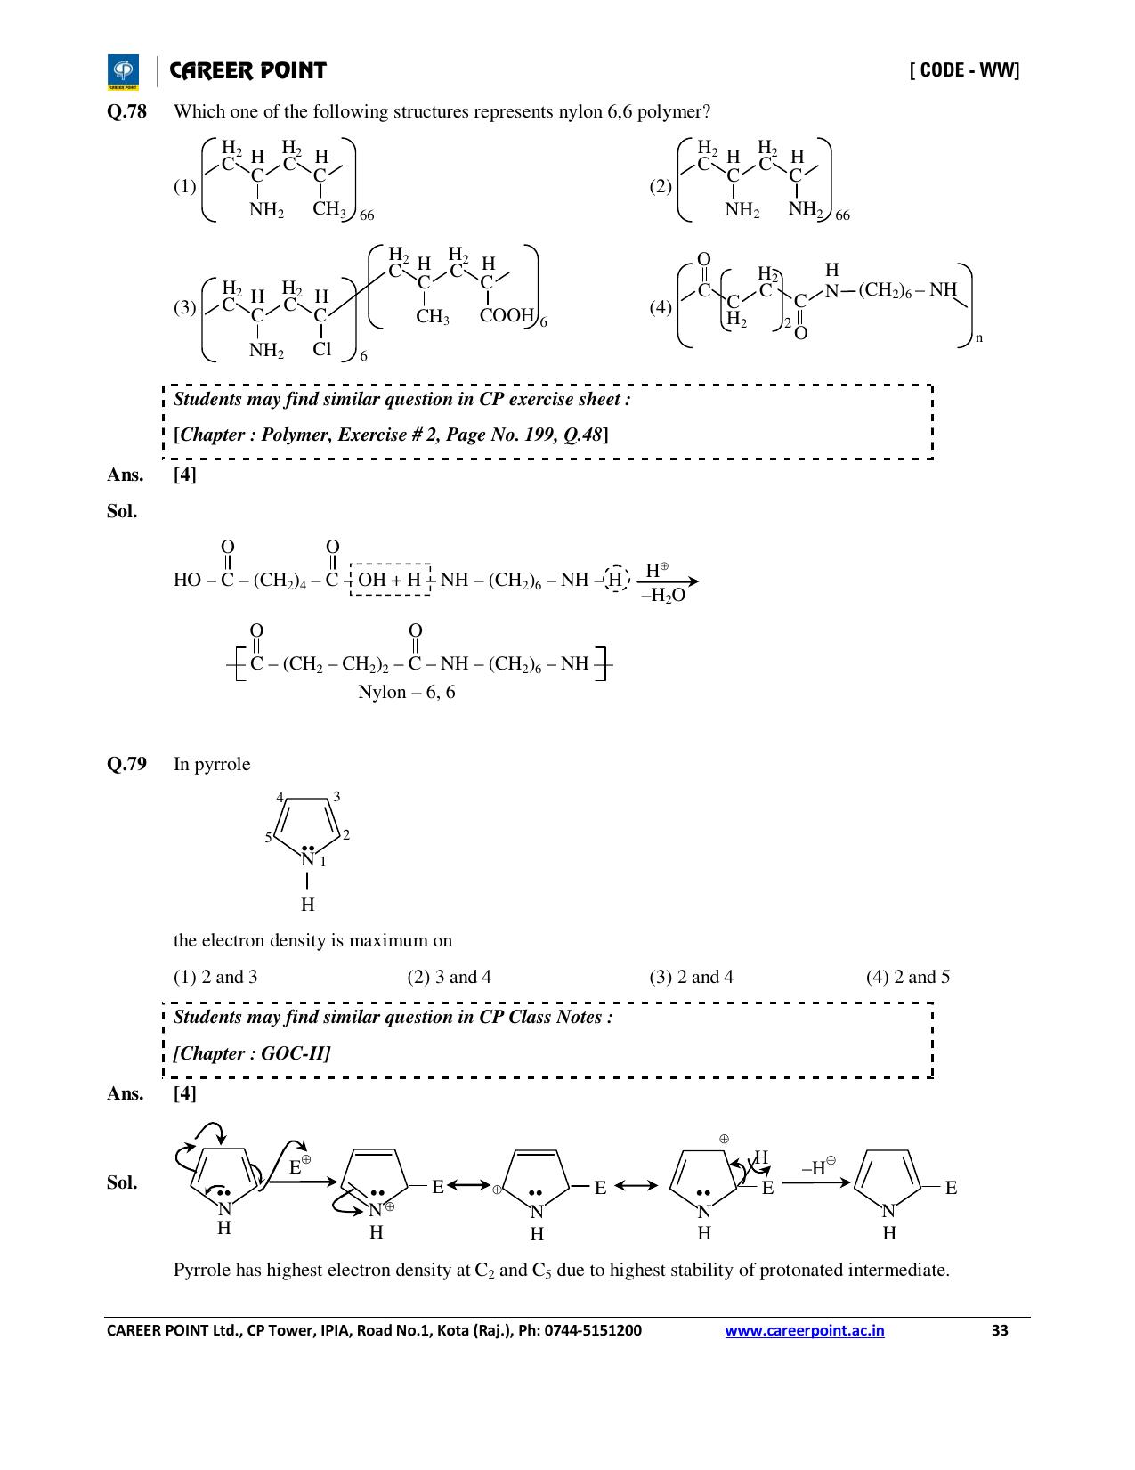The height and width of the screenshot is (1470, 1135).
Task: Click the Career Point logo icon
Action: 123,71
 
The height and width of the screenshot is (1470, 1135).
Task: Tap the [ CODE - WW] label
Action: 965,70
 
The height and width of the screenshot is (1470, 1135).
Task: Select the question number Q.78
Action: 126,111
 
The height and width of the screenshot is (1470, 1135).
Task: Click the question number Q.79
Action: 126,764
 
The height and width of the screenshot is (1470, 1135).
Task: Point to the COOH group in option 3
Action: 507,315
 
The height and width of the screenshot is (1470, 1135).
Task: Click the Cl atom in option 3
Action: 322,349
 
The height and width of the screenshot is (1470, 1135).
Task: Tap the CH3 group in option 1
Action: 329,209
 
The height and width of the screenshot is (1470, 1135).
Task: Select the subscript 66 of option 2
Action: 842,215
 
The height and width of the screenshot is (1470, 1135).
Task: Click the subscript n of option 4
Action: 978,338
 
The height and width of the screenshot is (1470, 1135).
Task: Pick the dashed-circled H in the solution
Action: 615,580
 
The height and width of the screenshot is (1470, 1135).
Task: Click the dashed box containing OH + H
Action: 390,579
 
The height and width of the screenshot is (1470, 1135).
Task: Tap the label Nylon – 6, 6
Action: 407,692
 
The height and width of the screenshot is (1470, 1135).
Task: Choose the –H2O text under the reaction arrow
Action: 663,596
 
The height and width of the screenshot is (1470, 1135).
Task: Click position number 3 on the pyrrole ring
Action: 336,797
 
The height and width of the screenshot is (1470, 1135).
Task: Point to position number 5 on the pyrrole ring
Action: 269,838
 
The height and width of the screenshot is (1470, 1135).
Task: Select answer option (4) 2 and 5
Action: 908,977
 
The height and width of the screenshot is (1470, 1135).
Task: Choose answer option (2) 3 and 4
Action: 450,977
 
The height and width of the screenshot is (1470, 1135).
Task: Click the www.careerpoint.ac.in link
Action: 804,1330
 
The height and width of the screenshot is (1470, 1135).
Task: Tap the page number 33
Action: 1000,1330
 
